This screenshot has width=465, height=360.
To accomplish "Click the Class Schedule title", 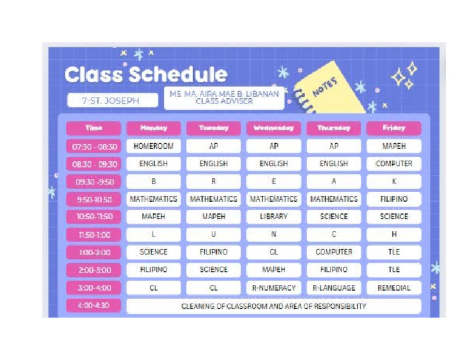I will point(146,75).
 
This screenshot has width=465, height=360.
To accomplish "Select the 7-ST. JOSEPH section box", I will point(111,101).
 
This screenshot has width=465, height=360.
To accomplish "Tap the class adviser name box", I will point(224,98).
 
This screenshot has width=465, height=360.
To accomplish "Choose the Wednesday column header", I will point(273,128).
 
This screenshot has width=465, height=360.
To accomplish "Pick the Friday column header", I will point(394,128).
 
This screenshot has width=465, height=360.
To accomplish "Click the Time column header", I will point(94,128).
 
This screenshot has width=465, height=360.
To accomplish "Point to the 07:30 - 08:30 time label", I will point(94,147).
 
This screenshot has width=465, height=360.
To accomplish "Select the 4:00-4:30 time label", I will point(94,306).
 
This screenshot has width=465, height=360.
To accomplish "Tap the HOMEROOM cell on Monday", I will point(153,147).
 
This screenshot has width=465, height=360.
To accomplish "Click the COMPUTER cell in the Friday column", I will point(394,164).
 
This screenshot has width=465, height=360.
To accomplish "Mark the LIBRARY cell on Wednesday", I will point(273,216).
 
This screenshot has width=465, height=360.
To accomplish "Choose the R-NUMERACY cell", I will point(273,288).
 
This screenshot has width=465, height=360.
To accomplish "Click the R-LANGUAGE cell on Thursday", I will point(334,288).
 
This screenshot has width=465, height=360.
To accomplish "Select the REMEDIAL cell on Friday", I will point(394,288).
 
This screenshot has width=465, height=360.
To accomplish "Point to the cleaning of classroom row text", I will point(273,307).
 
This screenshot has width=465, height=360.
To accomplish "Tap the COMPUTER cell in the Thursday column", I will point(334,252).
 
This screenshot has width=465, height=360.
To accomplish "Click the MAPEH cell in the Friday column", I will point(394,147).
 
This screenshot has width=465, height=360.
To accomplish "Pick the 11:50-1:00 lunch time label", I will point(94,235).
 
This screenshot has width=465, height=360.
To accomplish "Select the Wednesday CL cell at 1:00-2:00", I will point(273,252).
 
